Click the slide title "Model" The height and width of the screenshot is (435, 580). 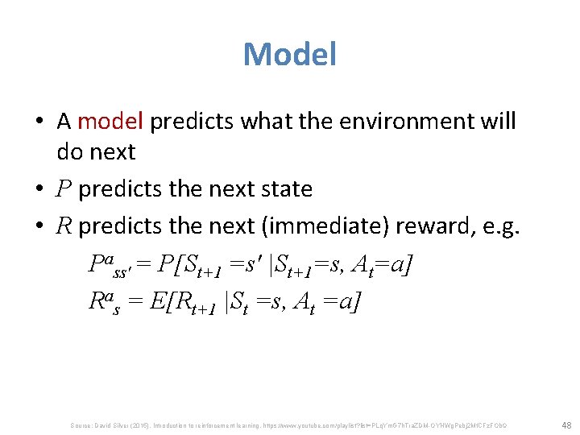coord(289,55)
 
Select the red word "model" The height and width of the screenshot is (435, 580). coord(110,121)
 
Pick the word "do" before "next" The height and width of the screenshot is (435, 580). coord(68,151)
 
